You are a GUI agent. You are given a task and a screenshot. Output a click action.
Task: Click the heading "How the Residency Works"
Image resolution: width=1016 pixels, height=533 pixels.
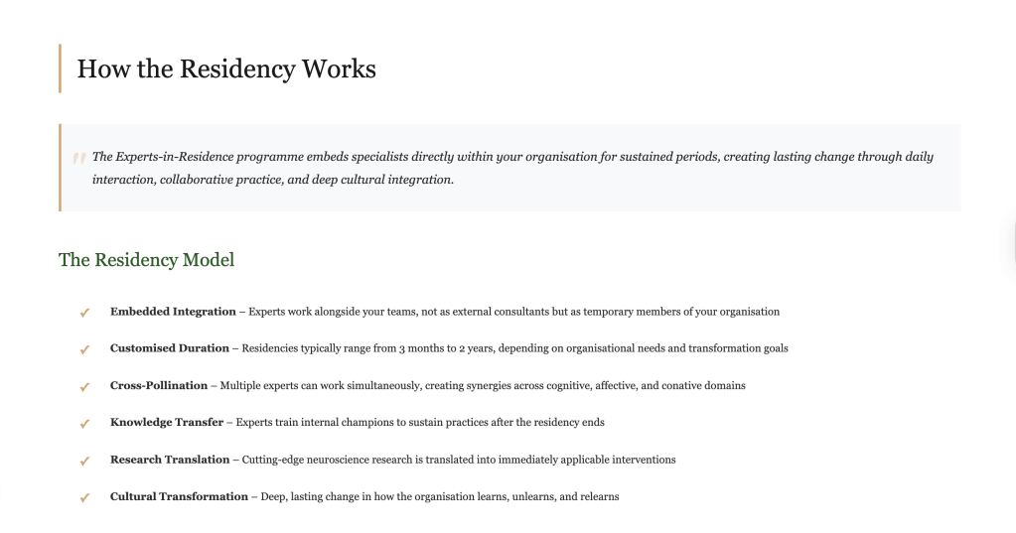tap(226, 69)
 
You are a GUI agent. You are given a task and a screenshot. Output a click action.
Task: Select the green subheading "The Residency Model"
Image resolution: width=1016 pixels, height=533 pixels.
tap(146, 260)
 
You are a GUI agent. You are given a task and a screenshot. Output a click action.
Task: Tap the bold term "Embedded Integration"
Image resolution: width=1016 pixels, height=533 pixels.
tap(173, 312)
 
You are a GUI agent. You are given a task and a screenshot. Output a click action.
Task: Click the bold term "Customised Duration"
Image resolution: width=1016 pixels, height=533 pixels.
tap(170, 348)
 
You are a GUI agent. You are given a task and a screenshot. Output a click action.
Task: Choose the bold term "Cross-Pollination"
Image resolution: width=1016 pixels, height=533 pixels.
tap(159, 385)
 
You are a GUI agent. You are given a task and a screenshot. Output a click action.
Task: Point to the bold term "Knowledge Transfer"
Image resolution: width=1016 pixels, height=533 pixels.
tap(167, 422)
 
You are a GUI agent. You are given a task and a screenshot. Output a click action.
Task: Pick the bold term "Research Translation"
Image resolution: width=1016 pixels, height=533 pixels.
tap(169, 460)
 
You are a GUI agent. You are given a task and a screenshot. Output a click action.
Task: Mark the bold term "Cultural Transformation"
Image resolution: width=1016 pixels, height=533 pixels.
tap(179, 496)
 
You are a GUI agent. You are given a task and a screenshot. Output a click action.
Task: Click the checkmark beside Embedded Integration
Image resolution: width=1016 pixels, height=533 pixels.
tap(84, 313)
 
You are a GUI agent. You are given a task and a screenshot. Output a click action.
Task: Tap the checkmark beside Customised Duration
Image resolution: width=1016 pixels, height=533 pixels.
tap(84, 349)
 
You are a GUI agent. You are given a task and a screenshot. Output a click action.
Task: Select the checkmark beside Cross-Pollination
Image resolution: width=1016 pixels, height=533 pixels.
tap(84, 386)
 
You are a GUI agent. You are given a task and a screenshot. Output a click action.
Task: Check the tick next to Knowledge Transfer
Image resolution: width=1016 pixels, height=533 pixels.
tap(84, 423)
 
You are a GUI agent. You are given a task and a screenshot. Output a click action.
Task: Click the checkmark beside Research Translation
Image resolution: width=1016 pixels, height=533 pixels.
tap(84, 461)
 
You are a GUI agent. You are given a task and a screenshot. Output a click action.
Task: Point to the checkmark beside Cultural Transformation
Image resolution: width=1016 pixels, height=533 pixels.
tap(84, 497)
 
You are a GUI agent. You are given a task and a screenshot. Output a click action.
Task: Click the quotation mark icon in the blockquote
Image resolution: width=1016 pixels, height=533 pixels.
tap(77, 159)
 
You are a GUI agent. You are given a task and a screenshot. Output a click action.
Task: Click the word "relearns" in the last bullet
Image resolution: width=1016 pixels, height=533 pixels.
tap(597, 496)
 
